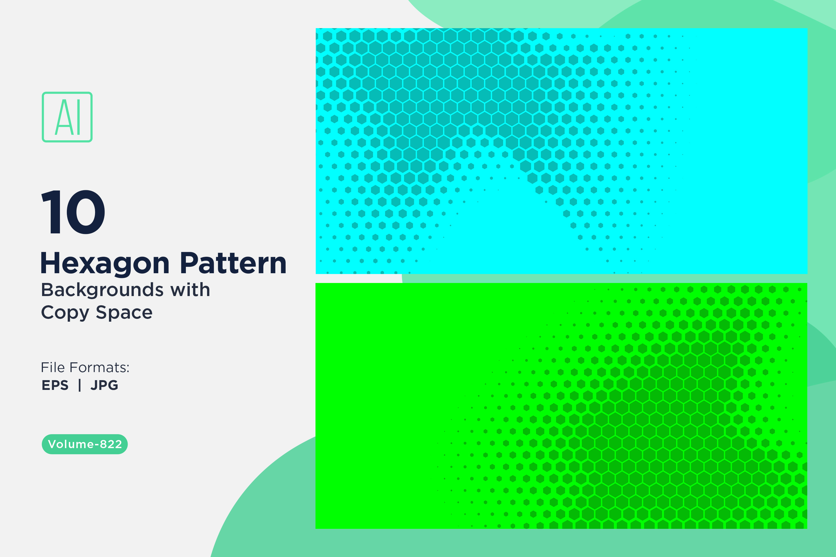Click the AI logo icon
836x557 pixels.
pyautogui.click(x=67, y=117)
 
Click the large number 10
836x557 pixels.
pyautogui.click(x=73, y=212)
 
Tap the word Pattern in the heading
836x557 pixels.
pyautogui.click(x=233, y=263)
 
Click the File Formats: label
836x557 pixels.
pyautogui.click(x=85, y=367)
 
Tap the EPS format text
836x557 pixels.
pyautogui.click(x=55, y=385)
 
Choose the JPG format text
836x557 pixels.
pyautogui.click(x=104, y=385)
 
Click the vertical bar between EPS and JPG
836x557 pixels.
pyautogui.click(x=80, y=385)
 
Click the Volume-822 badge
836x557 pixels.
pyautogui.click(x=85, y=444)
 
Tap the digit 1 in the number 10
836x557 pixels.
pyautogui.click(x=51, y=212)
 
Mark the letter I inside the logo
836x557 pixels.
pyautogui.click(x=78, y=117)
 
